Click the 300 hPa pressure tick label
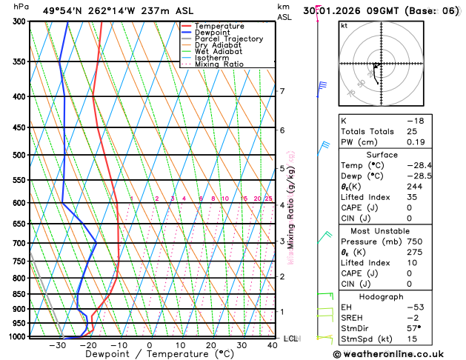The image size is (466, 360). (x=19, y=21)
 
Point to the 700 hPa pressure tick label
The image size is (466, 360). (x=19, y=243)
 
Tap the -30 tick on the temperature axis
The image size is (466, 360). (x=57, y=345)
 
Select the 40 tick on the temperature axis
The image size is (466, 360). (x=273, y=345)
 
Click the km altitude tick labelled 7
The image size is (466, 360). (x=282, y=91)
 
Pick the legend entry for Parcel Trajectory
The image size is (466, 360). (x=228, y=39)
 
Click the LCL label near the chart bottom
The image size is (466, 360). (x=290, y=339)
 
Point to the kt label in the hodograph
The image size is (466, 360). (x=344, y=25)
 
